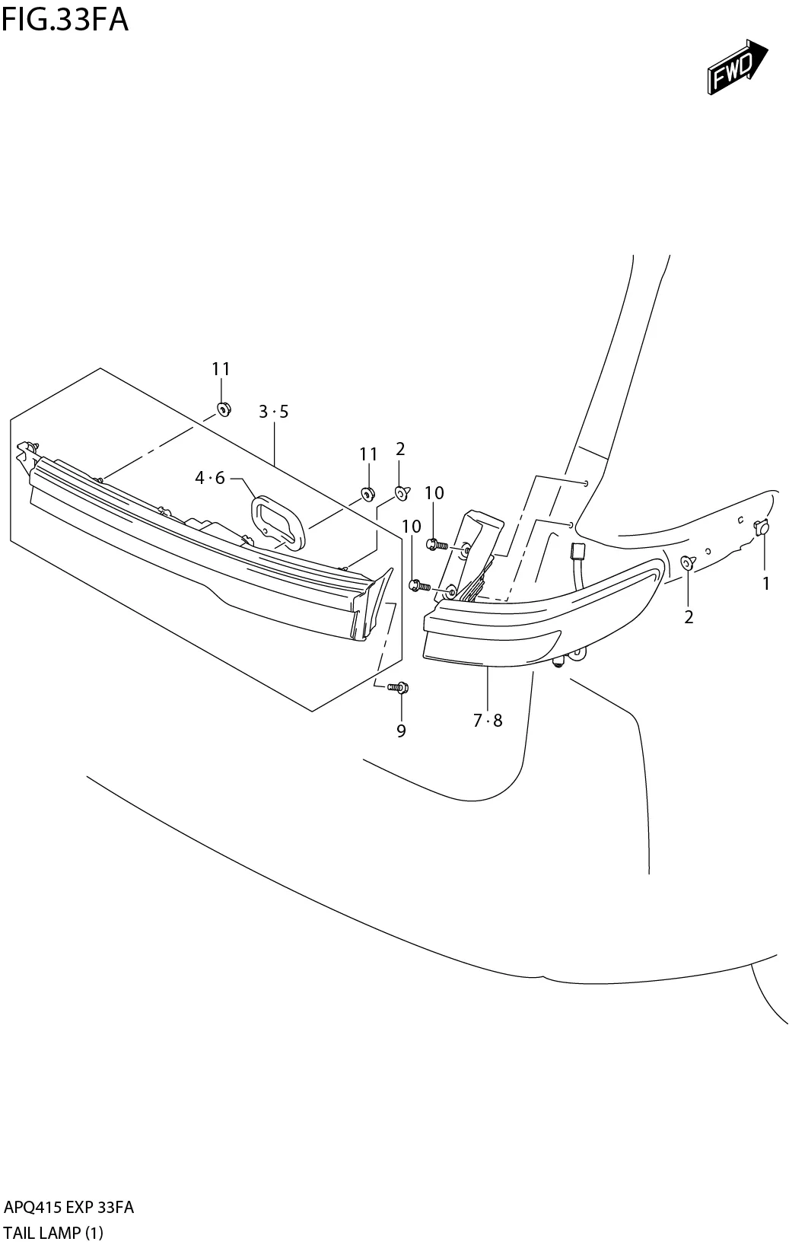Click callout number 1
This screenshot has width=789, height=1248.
click(x=766, y=584)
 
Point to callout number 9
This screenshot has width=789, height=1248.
click(x=401, y=731)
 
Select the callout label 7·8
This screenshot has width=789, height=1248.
click(x=488, y=720)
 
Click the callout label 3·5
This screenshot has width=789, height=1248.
click(x=273, y=412)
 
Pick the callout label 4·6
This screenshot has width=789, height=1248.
click(x=210, y=478)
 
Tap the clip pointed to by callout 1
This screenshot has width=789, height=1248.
click(x=762, y=527)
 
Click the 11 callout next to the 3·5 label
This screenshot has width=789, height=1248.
click(x=221, y=369)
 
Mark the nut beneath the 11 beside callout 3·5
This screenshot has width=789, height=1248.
click(x=224, y=409)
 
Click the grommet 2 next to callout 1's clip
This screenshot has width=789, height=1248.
click(x=687, y=562)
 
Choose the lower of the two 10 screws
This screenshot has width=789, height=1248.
click(x=417, y=584)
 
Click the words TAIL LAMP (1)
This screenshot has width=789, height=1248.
click(x=53, y=1232)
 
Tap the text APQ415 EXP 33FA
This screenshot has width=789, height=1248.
click(x=69, y=1208)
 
